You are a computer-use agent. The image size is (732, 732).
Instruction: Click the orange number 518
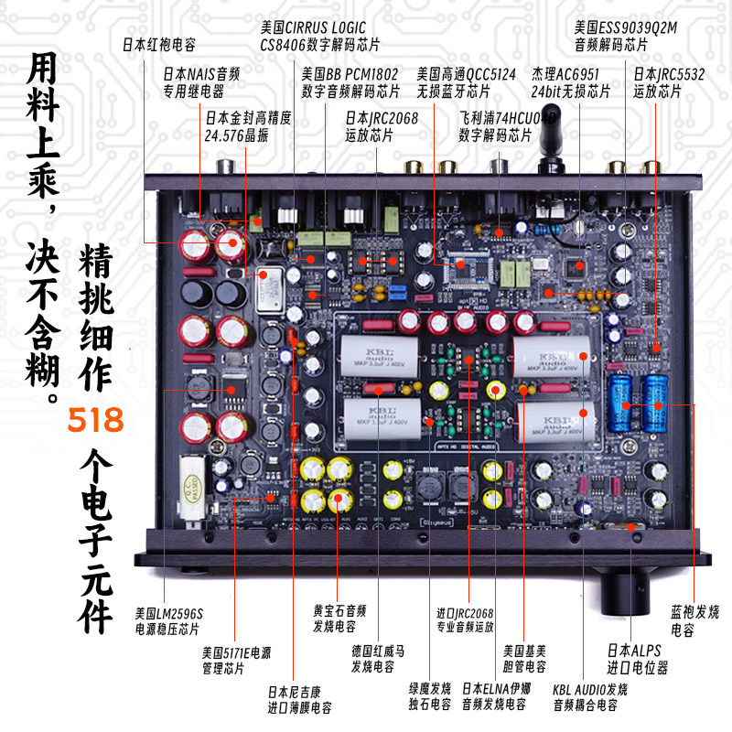tap(96, 421)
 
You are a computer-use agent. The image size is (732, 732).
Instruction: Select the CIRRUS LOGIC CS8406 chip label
tap(319, 36)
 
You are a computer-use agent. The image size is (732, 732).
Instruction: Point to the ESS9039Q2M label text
tap(625, 36)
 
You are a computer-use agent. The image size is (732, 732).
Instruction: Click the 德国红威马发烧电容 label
tap(378, 658)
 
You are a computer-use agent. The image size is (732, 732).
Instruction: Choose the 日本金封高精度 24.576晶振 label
tap(240, 125)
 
